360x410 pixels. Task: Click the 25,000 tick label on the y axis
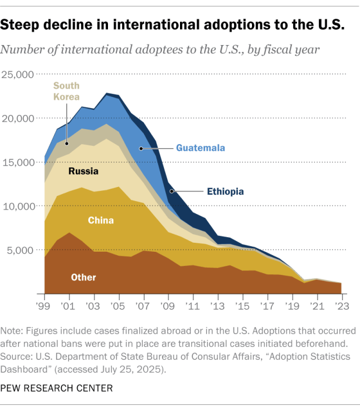click(19, 74)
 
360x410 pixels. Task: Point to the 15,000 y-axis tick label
click(19, 162)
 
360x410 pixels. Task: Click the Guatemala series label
click(200, 148)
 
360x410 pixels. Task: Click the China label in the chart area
click(101, 220)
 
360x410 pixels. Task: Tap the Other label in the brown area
click(83, 277)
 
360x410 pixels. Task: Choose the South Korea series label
click(66, 91)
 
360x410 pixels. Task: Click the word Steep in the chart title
click(26, 26)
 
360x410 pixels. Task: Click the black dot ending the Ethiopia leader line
click(173, 191)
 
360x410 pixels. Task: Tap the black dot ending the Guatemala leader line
click(141, 148)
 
